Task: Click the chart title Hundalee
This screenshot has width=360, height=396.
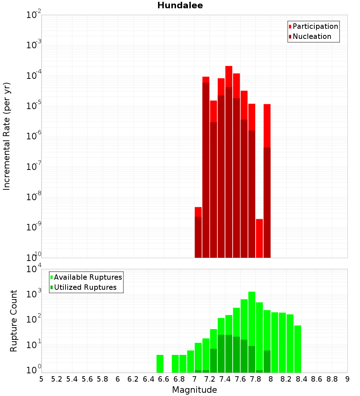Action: [x=180, y=5]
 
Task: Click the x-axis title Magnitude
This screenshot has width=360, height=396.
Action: [x=194, y=390]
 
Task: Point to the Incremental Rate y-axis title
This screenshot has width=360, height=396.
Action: [x=7, y=136]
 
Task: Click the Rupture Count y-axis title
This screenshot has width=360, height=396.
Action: [x=14, y=321]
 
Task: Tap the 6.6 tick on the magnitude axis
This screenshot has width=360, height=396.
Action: [x=164, y=379]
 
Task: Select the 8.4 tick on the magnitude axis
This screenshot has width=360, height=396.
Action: [x=301, y=379]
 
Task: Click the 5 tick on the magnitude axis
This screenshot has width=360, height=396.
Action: [x=41, y=379]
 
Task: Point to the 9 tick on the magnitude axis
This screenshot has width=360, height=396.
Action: [x=347, y=379]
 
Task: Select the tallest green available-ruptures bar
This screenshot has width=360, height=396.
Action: [x=252, y=331]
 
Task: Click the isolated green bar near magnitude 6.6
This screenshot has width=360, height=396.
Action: [x=160, y=364]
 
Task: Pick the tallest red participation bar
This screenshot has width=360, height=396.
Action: [x=229, y=162]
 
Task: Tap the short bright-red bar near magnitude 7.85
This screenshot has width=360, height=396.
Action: [x=259, y=238]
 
